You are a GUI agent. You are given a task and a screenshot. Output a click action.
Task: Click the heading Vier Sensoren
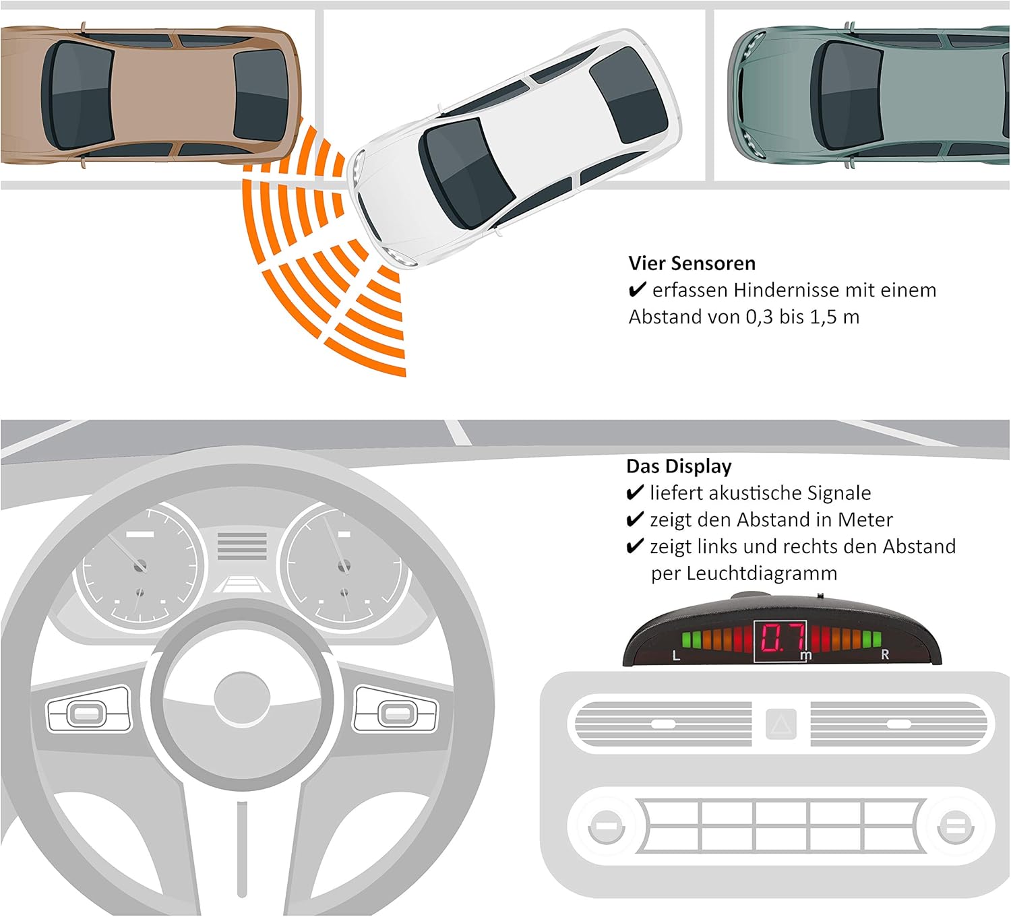point(692,263)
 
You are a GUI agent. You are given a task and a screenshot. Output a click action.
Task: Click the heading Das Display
point(678,466)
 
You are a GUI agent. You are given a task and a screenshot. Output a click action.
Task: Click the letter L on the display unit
point(676,656)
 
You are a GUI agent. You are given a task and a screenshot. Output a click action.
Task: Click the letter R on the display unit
point(884,654)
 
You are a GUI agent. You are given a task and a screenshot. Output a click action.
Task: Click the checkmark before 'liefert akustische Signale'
point(634,493)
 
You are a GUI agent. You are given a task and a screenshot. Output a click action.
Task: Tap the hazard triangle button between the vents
point(781,724)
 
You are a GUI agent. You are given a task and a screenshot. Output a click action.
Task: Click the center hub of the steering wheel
point(242,697)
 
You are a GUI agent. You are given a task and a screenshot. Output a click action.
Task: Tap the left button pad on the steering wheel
point(89,709)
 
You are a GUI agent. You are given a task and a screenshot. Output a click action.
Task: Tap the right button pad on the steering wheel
point(396,709)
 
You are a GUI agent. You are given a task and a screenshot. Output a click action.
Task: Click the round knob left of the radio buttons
point(606,827)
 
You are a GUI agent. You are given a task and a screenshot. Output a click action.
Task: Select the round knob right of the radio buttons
point(954,827)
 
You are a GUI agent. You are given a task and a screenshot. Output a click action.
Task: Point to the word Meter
point(865,519)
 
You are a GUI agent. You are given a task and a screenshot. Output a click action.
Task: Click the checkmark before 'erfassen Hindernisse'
point(637,290)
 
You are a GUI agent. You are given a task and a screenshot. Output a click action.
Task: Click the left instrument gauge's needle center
point(140,566)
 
